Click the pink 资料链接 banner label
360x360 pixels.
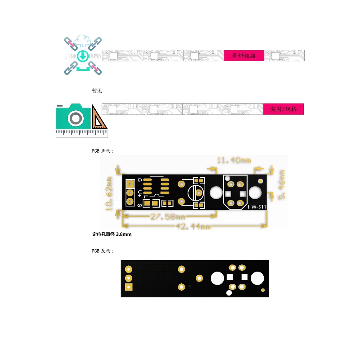[244, 56]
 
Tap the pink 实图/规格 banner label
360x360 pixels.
[283, 109]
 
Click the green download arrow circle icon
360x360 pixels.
[83, 56]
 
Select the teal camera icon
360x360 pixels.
[73, 116]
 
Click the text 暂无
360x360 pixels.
[97, 91]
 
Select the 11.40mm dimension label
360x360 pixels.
[234, 160]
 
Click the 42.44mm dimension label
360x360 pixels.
[193, 227]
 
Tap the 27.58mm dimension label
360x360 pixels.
[168, 217]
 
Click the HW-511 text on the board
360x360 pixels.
[257, 207]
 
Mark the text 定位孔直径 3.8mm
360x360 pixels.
[112, 234]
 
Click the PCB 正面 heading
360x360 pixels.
[102, 151]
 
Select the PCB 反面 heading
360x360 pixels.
[102, 251]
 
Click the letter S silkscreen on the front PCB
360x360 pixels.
[140, 205]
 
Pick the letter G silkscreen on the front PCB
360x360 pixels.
[140, 180]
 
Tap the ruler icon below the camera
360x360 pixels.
[82, 133]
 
